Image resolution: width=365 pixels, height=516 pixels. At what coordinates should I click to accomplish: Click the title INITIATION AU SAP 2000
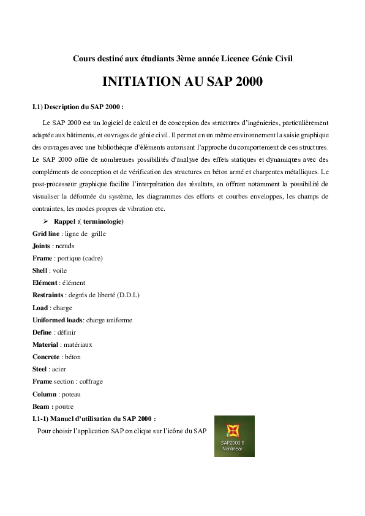pos(182,82)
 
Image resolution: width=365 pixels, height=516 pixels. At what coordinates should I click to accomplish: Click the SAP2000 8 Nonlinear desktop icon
pos(234,436)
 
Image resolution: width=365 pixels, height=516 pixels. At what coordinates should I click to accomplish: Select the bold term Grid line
pos(46,233)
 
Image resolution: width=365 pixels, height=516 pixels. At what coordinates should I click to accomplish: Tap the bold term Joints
pos(40,246)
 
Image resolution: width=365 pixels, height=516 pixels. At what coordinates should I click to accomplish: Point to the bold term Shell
pos(40,270)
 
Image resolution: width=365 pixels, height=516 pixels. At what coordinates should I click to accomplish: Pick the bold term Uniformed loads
pos(57,320)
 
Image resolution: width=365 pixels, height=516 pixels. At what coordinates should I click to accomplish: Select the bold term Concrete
pos(46,357)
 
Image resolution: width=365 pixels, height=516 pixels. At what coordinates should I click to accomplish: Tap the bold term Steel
pos(40,369)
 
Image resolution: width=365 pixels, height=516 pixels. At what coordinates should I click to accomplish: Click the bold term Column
pos(44,394)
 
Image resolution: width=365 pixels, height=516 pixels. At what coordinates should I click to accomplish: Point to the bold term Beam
pos(41,406)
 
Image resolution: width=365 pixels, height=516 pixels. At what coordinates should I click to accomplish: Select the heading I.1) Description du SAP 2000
pos(78,107)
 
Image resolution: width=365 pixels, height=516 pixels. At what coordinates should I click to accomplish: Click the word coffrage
pos(91,381)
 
